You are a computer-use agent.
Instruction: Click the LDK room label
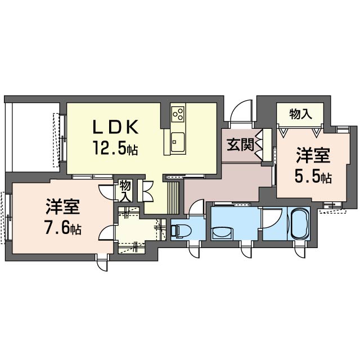(115, 127)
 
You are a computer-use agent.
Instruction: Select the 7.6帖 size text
(63, 227)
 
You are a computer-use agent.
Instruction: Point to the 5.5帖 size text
(313, 177)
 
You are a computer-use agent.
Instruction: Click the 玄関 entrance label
(240, 145)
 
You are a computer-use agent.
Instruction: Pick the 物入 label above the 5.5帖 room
(300, 114)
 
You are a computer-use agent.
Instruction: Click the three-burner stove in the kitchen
(178, 114)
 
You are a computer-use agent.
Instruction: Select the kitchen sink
(178, 142)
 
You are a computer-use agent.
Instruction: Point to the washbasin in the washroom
(222, 233)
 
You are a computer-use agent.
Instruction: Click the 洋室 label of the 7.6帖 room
(62, 206)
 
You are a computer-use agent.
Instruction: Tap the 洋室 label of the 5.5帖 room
(313, 155)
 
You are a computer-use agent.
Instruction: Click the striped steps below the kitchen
(173, 197)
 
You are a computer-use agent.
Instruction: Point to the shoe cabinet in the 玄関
(267, 145)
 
